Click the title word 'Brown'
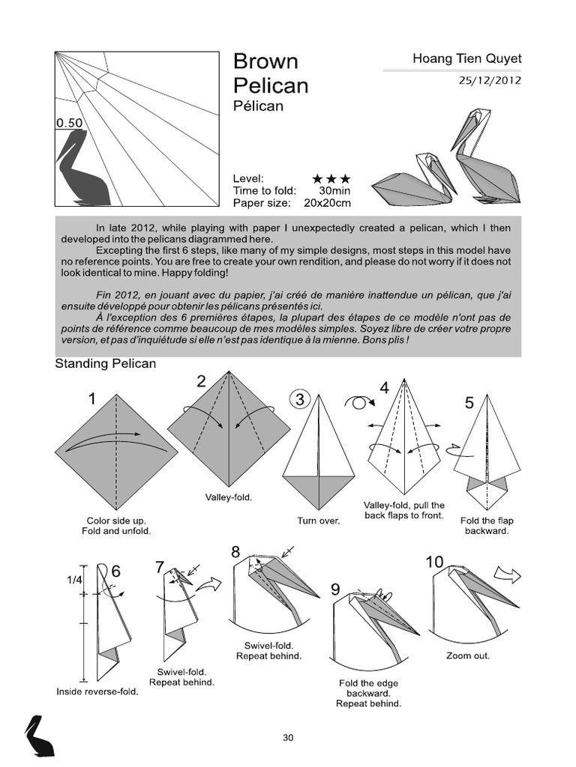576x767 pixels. click(x=265, y=61)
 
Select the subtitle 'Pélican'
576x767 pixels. click(x=258, y=106)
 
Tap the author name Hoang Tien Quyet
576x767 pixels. click(x=466, y=58)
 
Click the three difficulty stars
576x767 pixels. click(x=331, y=179)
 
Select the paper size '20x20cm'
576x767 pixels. click(x=327, y=203)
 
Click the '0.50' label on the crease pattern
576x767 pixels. click(x=68, y=123)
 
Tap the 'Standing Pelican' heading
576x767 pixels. click(x=106, y=364)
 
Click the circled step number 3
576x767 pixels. click(x=300, y=400)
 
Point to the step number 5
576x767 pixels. click(x=469, y=404)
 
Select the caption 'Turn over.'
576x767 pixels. click(x=319, y=521)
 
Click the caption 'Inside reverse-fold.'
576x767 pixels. click(x=97, y=692)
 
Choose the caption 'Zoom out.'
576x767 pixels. click(x=469, y=655)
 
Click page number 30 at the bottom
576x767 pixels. click(x=288, y=738)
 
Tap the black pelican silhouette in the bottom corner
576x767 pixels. click(x=37, y=736)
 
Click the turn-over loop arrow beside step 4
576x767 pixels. click(x=358, y=402)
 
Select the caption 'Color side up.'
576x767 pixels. click(x=116, y=520)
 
